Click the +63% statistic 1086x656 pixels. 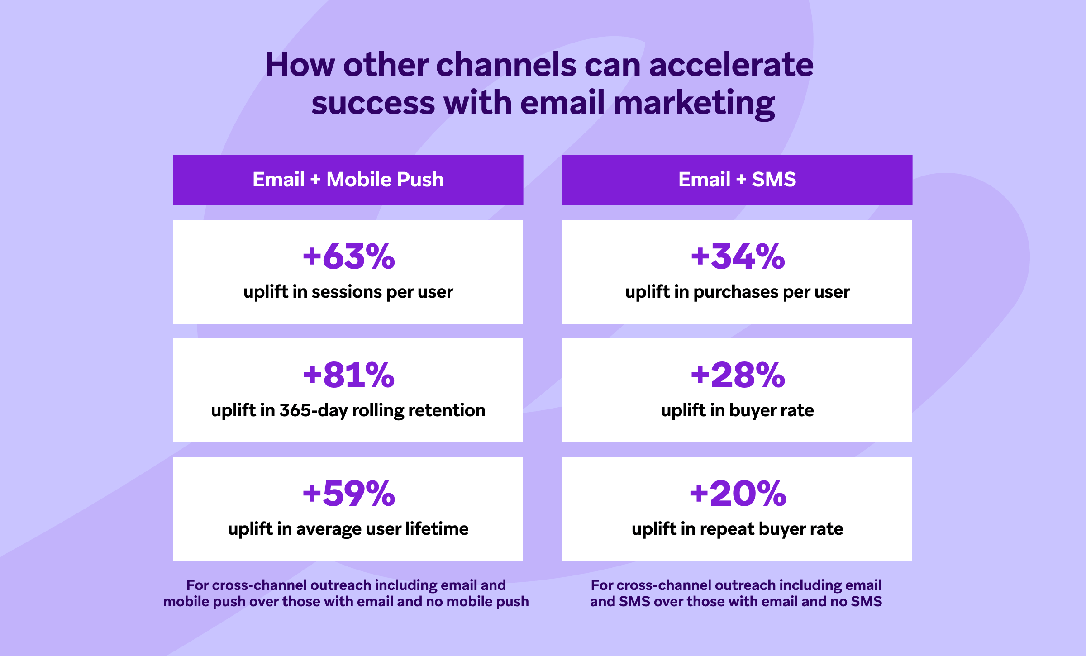pos(349,256)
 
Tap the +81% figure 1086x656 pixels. pos(349,375)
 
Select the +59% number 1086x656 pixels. pos(349,493)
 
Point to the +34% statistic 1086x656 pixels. pos(738,256)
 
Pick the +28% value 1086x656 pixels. pos(738,375)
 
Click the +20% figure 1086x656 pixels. pos(738,493)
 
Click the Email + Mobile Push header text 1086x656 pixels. pos(348,180)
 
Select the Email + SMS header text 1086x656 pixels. pos(737,180)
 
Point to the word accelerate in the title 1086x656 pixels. pos(731,65)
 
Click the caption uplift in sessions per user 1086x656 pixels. pos(348,292)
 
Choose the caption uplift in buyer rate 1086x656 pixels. pos(737,411)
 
